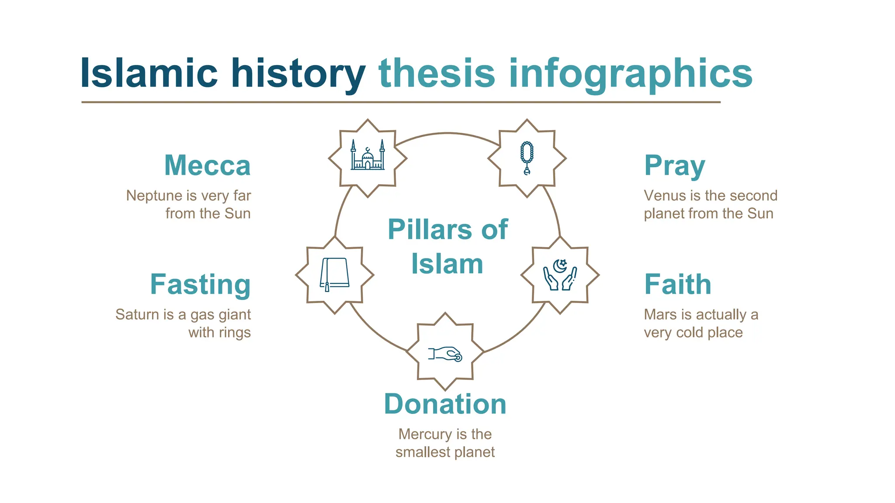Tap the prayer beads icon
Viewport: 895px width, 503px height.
click(527, 158)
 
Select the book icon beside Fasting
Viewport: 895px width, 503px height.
click(335, 275)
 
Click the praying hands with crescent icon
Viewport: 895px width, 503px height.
click(560, 275)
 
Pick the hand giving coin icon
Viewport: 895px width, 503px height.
click(445, 353)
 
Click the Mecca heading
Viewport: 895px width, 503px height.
click(208, 165)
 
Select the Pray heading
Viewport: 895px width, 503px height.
click(675, 166)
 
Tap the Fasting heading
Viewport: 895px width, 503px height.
click(201, 285)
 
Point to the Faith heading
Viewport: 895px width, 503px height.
click(678, 285)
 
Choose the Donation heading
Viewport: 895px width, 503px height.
click(445, 404)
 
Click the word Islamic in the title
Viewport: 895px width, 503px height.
click(149, 73)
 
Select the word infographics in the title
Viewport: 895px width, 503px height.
click(630, 73)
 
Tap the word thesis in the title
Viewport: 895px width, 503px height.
click(437, 73)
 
